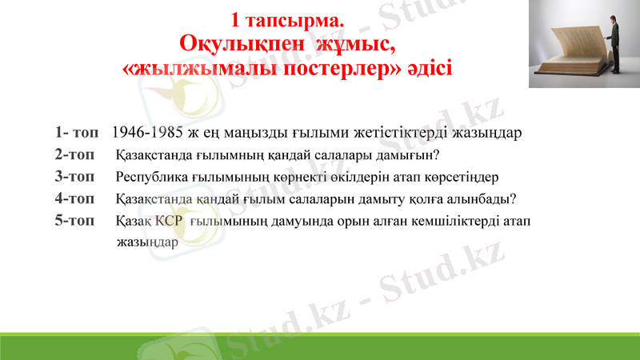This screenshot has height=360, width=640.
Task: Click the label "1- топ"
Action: tap(78, 132)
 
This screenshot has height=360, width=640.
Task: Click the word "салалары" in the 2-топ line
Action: tap(337, 154)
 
